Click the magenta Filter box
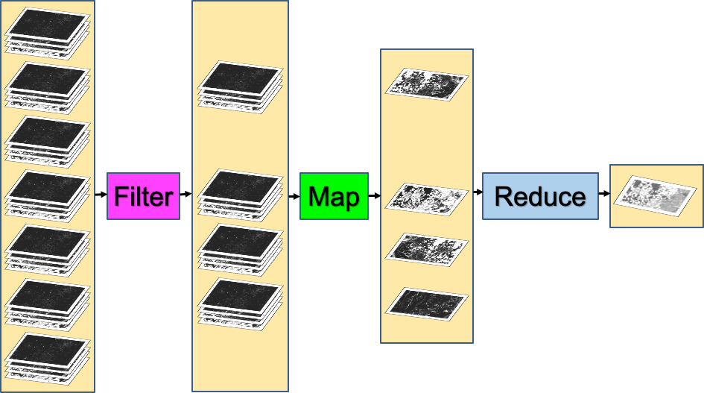(143, 196)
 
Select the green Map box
(334, 196)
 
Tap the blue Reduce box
(540, 196)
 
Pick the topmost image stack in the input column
(48, 31)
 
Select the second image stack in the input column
(48, 86)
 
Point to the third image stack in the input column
(48, 140)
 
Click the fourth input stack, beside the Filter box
(48, 195)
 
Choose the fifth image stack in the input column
(48, 249)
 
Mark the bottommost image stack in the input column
(48, 356)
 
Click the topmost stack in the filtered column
(241, 86)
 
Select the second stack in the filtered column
(241, 194)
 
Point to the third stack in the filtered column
(241, 249)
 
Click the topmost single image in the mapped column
(426, 81)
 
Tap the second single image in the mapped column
(426, 196)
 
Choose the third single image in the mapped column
(426, 247)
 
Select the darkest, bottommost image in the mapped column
(426, 301)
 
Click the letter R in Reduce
(505, 197)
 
